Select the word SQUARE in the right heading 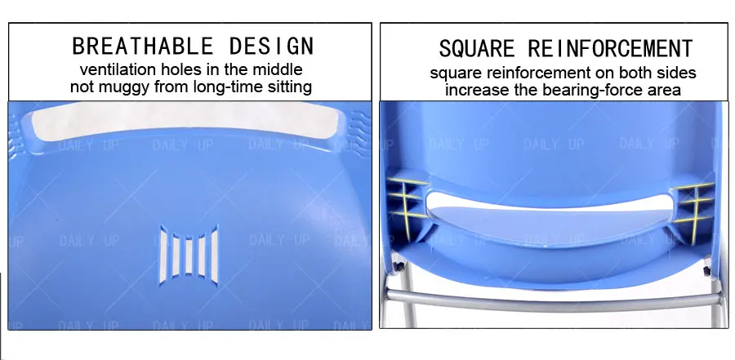[x=477, y=48]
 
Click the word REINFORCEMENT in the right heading [x=611, y=48]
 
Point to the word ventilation [x=117, y=69]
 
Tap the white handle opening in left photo [x=184, y=123]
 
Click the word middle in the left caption [x=278, y=69]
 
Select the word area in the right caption [x=663, y=90]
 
